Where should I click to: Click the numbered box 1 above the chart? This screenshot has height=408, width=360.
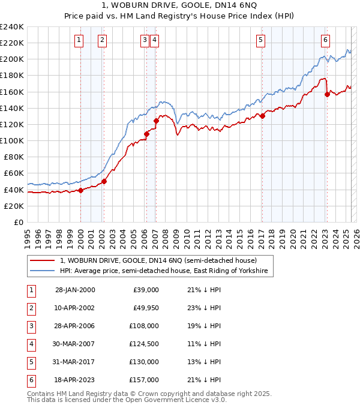pos(79,40)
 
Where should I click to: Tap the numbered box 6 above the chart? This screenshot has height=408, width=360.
pos(325,40)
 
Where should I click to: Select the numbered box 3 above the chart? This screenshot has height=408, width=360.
pos(145,40)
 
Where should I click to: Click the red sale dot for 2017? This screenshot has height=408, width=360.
pos(262,116)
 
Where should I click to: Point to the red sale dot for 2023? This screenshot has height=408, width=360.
pos(327,94)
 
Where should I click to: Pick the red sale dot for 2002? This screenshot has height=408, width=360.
pos(104,181)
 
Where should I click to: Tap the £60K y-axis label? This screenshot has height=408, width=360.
pos(13,173)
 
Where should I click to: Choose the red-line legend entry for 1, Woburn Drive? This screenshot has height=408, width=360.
pos(158,260)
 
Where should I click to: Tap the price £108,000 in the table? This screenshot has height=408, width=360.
pos(145,326)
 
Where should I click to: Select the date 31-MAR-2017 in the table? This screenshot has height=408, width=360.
pos(75,362)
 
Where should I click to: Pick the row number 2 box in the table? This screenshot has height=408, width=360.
pos(31,308)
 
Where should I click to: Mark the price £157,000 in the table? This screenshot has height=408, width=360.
pos(145,380)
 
